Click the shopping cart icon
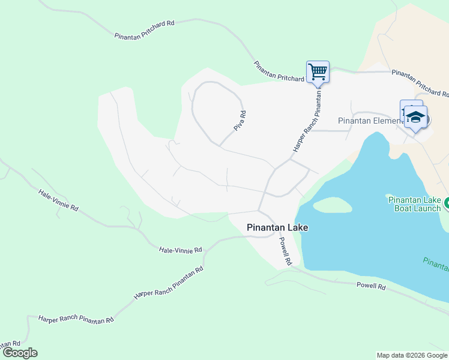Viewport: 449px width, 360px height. tap(318, 72)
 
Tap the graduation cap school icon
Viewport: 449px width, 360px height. tap(415, 116)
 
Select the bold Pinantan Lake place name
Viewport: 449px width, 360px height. tap(277, 228)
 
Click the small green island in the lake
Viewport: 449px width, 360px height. tap(332, 205)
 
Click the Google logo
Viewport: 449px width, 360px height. tap(20, 353)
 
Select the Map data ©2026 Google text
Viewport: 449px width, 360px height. tap(412, 355)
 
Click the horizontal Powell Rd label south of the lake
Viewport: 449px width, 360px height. tap(370, 287)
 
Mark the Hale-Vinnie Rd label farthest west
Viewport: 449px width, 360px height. tap(58, 201)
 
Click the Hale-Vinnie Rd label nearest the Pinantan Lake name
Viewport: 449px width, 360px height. tap(180, 250)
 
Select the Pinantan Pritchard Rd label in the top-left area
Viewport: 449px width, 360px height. tap(144, 30)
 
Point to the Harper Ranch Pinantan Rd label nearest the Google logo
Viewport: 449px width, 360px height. tap(76, 319)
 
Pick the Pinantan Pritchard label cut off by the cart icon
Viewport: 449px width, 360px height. tap(279, 75)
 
